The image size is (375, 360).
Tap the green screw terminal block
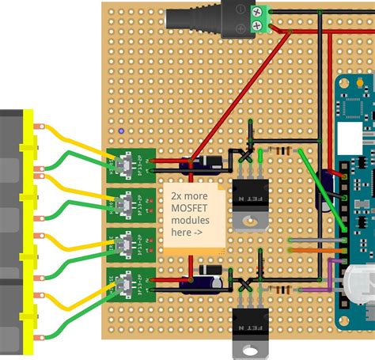[x=258, y=18]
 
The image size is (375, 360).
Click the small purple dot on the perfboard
[x=119, y=131]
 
